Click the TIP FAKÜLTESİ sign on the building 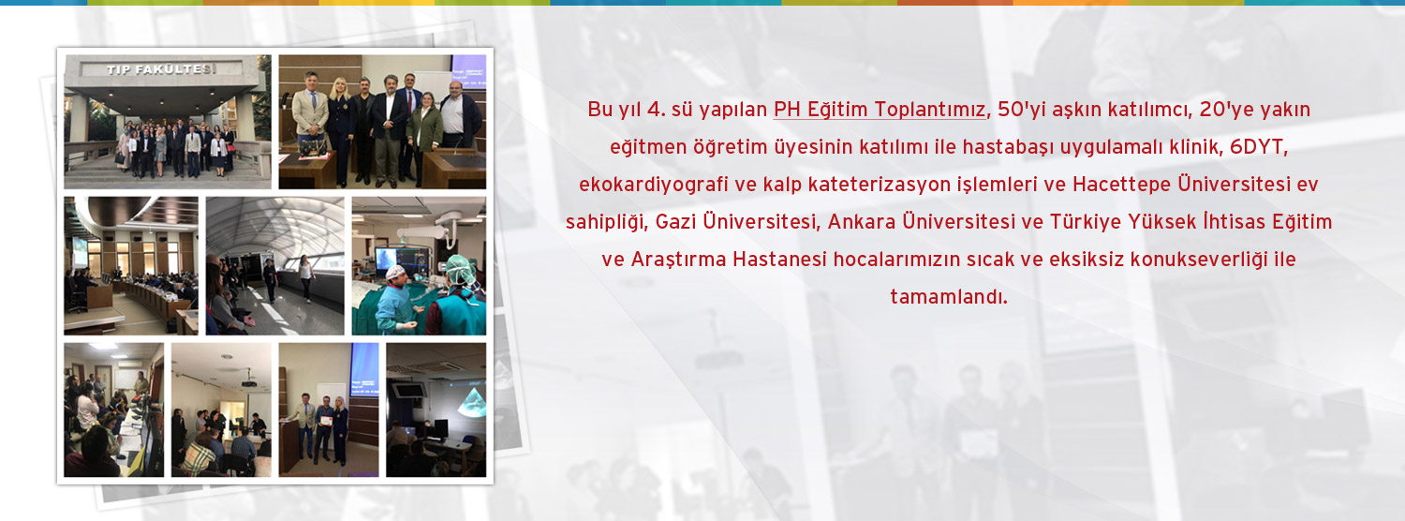point(148,69)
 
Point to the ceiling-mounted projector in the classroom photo point(248,381)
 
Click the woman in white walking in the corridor point(305,277)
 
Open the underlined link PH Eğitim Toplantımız point(880,110)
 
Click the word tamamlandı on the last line point(949,297)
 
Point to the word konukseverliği point(1197,260)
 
